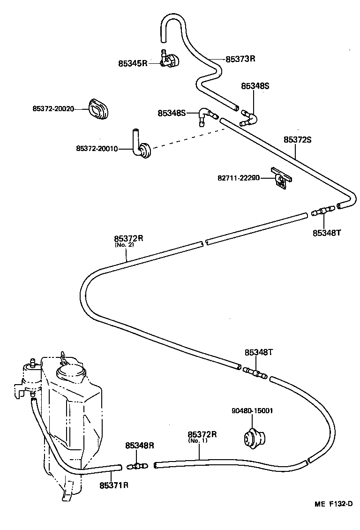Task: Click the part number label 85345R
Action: coord(133,62)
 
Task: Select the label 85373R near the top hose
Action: coord(240,59)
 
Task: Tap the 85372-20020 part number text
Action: coord(53,109)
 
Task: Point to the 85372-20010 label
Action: coord(97,149)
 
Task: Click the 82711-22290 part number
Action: coord(238,178)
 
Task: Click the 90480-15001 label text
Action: coord(252,411)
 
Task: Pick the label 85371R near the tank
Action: coord(113,485)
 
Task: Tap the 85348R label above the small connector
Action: coord(139,446)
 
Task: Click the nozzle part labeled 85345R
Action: coord(170,61)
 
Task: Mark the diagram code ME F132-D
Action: coord(333,504)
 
